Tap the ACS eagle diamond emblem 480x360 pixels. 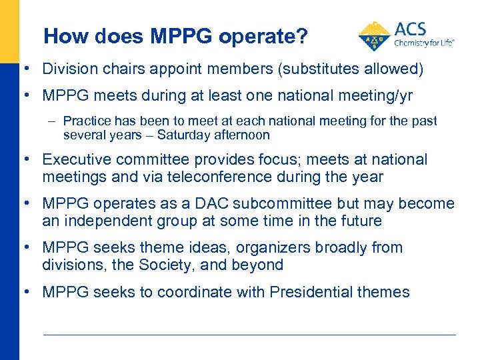(x=375, y=36)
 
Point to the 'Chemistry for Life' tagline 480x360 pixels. (x=424, y=42)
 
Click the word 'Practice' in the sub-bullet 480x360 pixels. (x=85, y=121)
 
